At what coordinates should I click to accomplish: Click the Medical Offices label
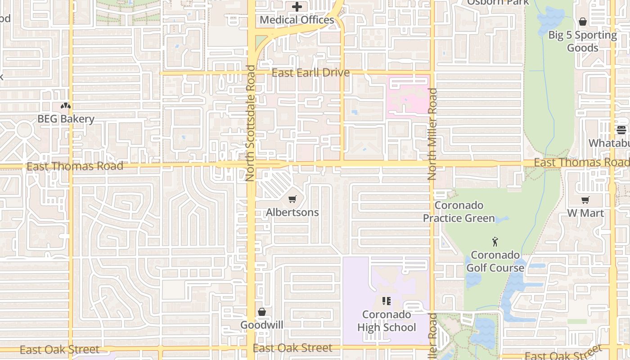click(297, 20)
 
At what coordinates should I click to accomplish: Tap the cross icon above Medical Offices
click(297, 7)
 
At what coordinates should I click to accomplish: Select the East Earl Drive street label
click(310, 73)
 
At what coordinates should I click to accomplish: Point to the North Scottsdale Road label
click(250, 123)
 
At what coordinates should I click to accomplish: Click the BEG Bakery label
click(66, 119)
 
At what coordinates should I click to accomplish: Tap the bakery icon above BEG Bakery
click(66, 106)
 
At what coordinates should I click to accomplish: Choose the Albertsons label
click(292, 212)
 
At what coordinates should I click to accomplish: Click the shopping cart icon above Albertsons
click(292, 199)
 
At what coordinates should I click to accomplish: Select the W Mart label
click(585, 213)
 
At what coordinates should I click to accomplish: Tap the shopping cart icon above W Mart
click(585, 200)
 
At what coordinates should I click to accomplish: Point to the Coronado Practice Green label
click(459, 212)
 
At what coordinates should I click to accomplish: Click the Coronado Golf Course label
click(495, 261)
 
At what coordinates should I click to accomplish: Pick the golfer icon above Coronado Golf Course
click(495, 242)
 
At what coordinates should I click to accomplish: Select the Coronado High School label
click(387, 321)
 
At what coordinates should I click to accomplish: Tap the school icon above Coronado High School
click(387, 301)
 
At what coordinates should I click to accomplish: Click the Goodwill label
click(261, 325)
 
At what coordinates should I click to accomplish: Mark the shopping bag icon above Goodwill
click(261, 311)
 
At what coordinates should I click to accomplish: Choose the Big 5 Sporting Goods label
click(582, 41)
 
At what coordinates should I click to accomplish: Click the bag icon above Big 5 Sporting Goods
click(582, 22)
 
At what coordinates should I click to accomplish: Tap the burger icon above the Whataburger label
click(621, 130)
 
